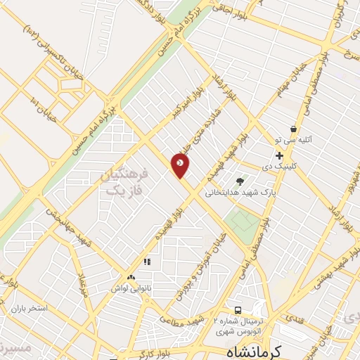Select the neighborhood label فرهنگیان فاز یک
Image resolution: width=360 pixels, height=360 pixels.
(x=123, y=181)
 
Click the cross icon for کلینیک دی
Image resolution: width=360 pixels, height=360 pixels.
(x=279, y=155)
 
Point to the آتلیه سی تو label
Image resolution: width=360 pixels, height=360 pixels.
(x=299, y=140)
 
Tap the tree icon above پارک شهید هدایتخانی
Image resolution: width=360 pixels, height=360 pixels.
(x=240, y=181)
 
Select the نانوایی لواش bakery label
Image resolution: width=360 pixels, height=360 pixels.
(x=129, y=288)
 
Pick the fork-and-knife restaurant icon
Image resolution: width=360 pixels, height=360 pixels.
(x=147, y=262)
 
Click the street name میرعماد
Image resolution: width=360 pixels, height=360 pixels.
(x=82, y=282)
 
